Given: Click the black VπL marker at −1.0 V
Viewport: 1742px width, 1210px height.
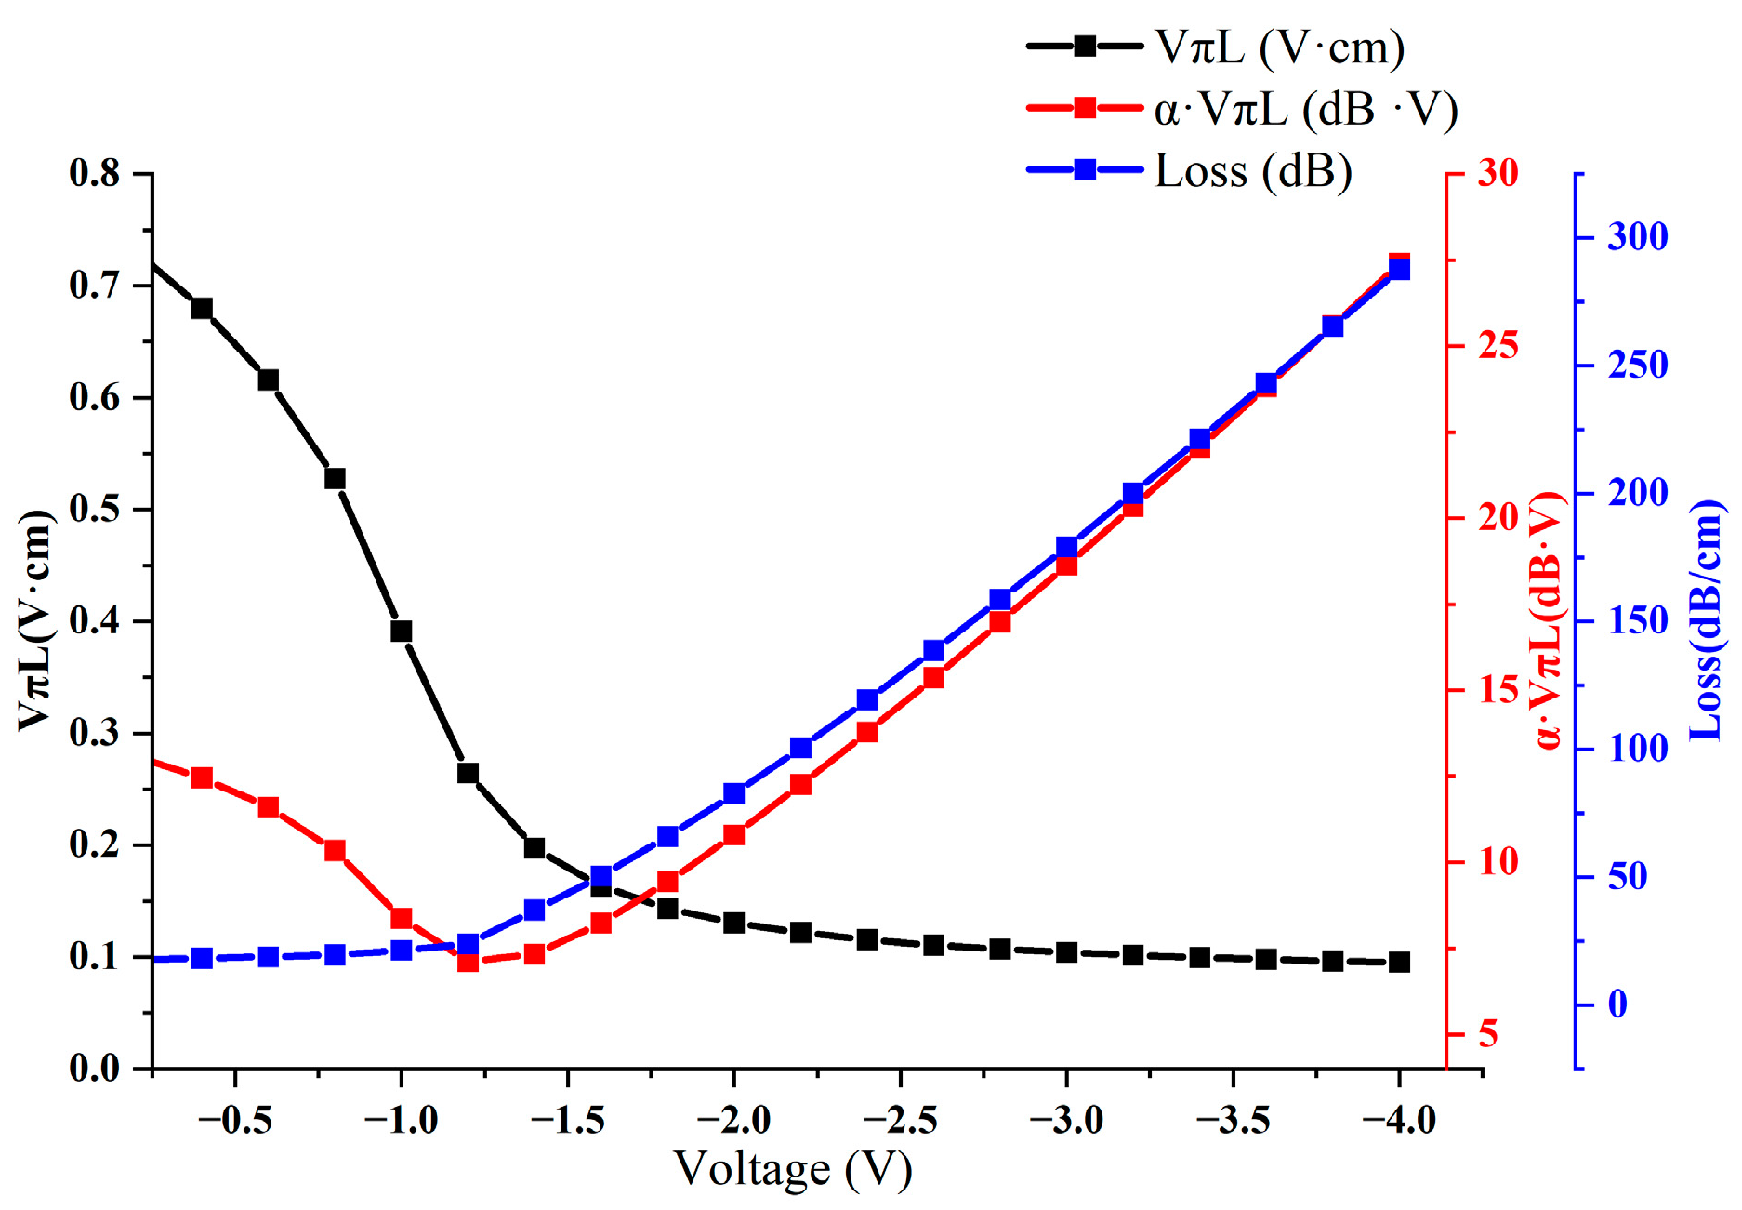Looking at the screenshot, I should point(401,631).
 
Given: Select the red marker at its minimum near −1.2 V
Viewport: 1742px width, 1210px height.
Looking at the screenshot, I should point(468,961).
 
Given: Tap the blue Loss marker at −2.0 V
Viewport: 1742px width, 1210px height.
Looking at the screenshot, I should point(733,793).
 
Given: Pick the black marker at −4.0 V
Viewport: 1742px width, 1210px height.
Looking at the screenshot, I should point(1399,962).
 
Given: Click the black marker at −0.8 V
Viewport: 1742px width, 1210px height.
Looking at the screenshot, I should point(335,478).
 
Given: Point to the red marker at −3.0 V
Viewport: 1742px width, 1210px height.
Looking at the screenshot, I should point(1066,565).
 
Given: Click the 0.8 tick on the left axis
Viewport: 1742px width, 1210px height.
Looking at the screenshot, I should point(96,173).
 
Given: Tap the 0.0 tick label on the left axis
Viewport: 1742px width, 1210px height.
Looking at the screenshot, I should point(96,1069).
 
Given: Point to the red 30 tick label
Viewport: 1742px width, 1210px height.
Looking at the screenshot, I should point(1498,173).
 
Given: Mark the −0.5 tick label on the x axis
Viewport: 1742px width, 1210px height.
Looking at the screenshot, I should point(234,1120).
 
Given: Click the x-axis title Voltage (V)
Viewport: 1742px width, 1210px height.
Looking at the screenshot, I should point(793,1170).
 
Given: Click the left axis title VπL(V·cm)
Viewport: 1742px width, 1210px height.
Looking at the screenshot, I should point(35,620).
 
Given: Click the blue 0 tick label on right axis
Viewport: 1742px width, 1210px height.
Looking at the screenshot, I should point(1617,1004).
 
